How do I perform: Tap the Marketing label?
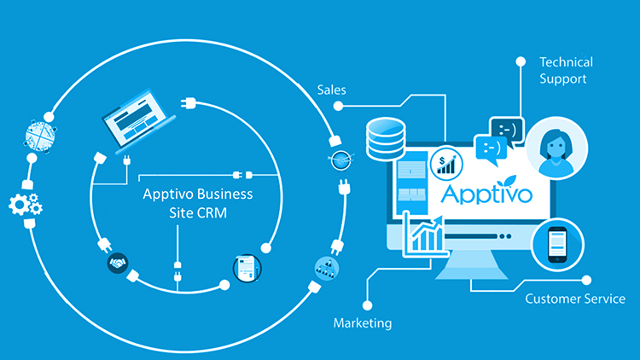[363, 323]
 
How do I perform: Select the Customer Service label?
[574, 299]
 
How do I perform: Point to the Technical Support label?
[566, 70]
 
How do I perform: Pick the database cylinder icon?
[385, 139]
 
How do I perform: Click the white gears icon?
[24, 204]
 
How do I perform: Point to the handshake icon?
[118, 263]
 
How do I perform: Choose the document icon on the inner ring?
[245, 267]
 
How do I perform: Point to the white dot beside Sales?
[339, 107]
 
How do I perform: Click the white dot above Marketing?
[366, 303]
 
